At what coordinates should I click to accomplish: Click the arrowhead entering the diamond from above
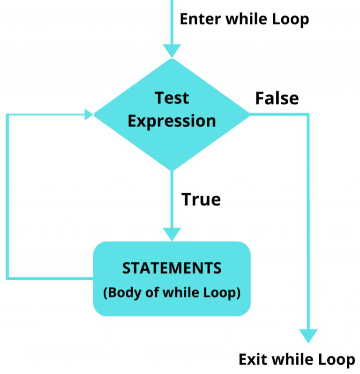[172, 51]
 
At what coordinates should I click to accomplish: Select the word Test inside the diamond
[172, 98]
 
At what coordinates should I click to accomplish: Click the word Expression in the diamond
[172, 121]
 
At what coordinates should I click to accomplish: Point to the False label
[277, 99]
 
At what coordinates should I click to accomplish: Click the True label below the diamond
[201, 199]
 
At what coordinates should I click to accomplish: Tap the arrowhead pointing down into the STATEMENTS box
[172, 234]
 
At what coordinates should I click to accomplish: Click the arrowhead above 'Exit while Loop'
[308, 335]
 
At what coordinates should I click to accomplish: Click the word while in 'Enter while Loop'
[247, 19]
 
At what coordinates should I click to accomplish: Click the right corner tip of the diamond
[249, 114]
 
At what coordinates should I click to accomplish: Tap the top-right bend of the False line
[308, 114]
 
